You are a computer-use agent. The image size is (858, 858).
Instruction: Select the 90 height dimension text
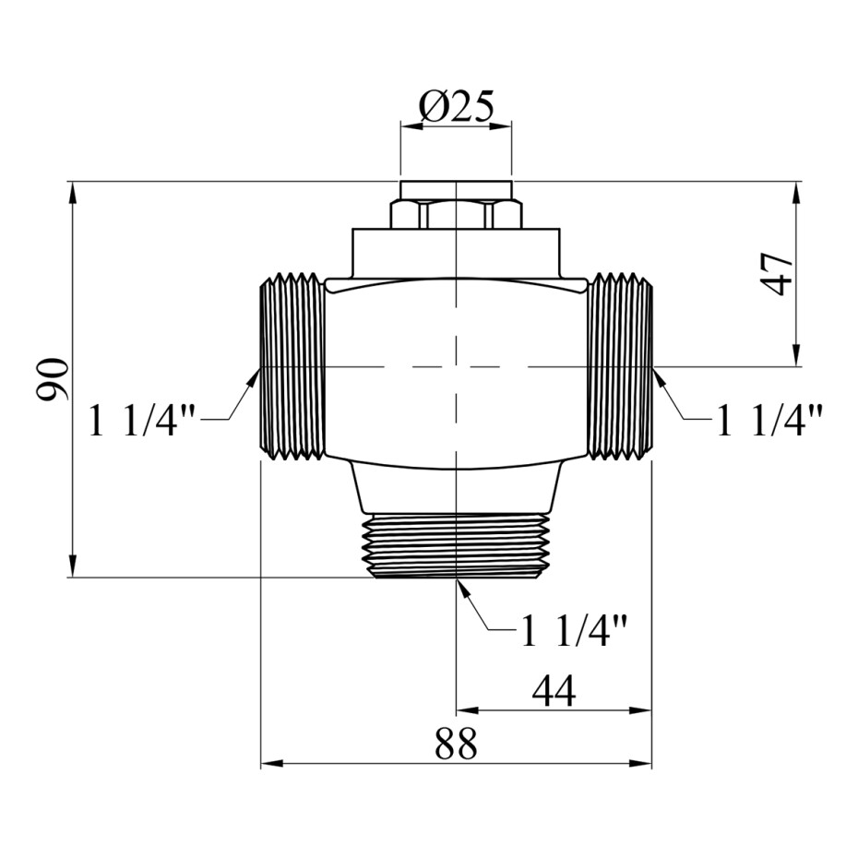click(x=53, y=379)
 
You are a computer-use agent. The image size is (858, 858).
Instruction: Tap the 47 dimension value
click(x=777, y=274)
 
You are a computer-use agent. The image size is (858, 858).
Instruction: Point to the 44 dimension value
click(x=554, y=691)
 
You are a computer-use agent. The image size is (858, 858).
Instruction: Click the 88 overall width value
click(x=457, y=744)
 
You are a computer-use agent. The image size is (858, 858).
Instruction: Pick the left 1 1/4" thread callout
click(x=142, y=420)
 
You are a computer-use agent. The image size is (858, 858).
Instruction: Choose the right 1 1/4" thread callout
click(x=769, y=420)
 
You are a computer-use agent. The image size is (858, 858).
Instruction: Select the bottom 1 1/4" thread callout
click(x=574, y=630)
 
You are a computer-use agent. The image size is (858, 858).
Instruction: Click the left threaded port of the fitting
click(x=292, y=366)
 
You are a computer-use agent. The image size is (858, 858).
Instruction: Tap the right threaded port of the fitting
click(x=620, y=366)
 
